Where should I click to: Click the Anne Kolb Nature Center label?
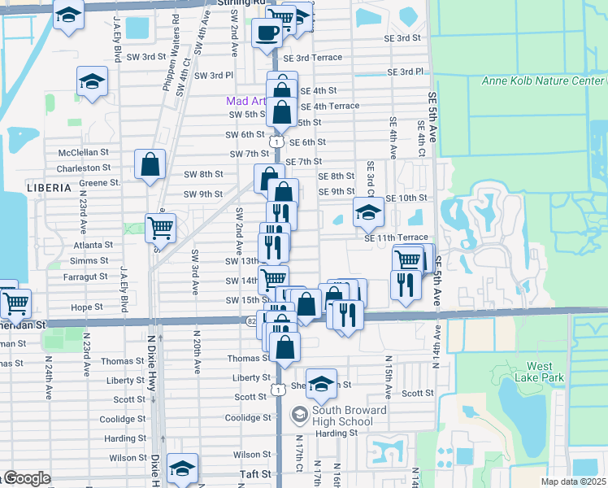point(543,81)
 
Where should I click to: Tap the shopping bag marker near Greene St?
point(150,165)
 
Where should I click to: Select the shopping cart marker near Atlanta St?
point(161,228)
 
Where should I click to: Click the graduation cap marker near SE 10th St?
point(368,213)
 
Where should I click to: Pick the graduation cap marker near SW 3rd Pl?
point(93,82)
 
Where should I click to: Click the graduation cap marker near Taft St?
point(182,468)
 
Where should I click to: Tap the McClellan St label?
point(84,152)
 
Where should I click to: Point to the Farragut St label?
point(85,277)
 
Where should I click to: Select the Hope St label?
point(87,307)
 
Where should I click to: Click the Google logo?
point(28,478)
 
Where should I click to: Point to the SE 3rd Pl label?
point(405,72)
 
